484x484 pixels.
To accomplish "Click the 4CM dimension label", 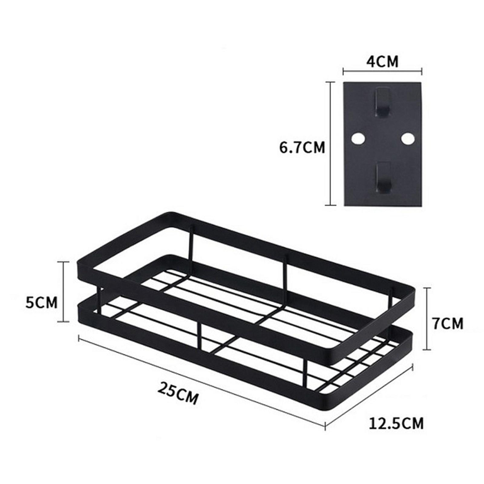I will click(x=382, y=62).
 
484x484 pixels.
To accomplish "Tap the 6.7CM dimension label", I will click(x=302, y=148).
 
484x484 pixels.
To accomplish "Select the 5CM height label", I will click(x=41, y=302).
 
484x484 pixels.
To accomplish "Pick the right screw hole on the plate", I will click(x=407, y=139).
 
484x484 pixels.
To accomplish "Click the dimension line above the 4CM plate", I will click(x=382, y=72).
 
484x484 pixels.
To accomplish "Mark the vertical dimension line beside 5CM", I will click(x=64, y=292).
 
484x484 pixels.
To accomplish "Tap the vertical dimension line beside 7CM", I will click(x=427, y=319).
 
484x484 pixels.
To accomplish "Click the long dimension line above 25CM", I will click(x=200, y=381).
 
